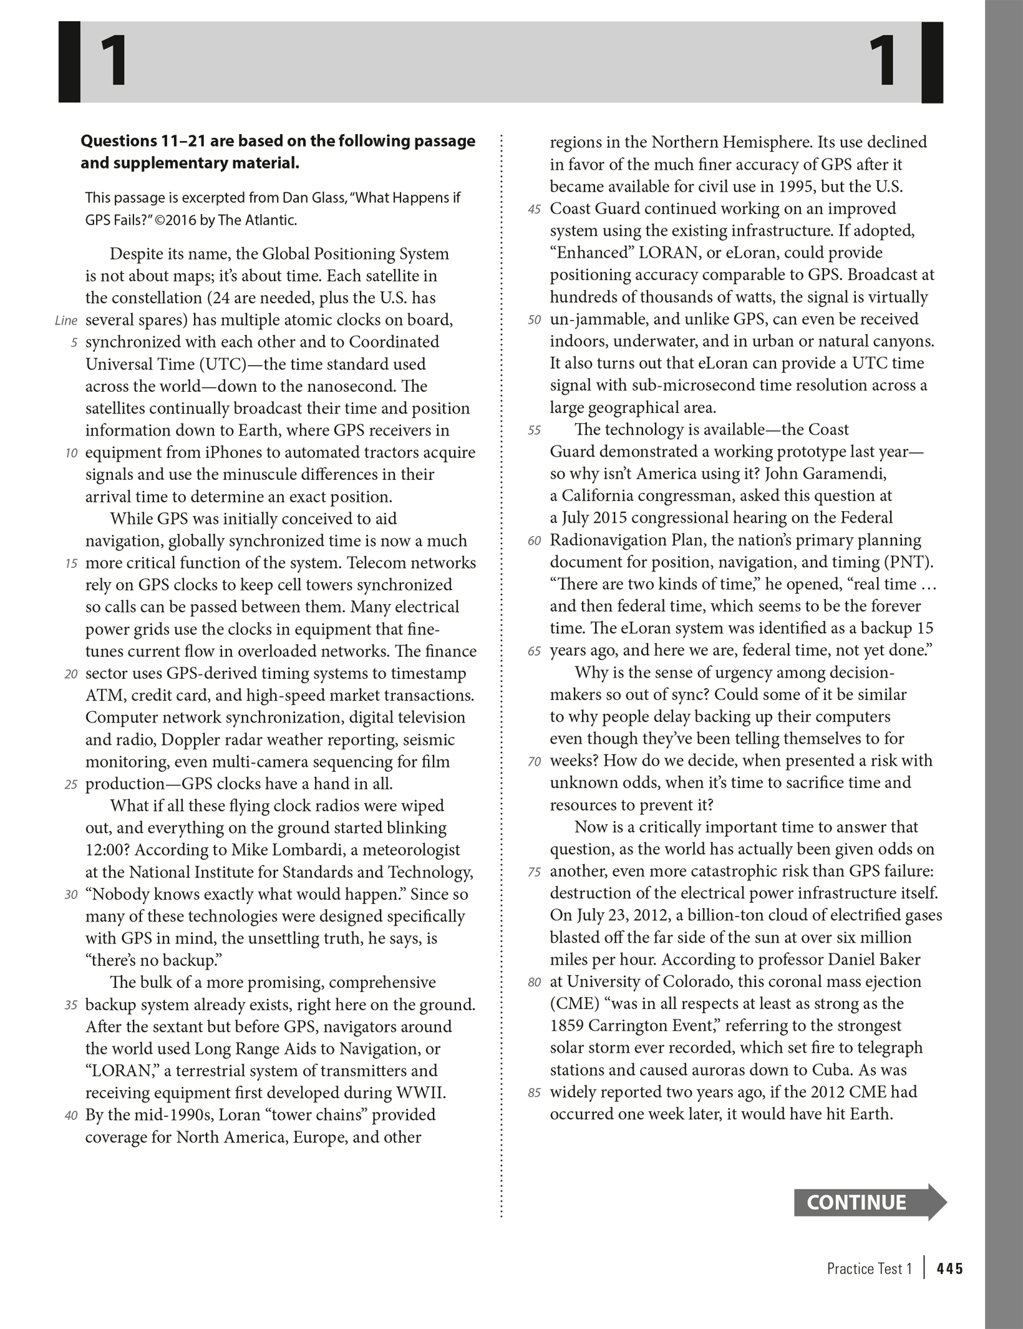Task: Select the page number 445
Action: click(x=949, y=1268)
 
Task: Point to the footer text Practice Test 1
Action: click(x=869, y=1268)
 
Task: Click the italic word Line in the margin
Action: click(x=66, y=321)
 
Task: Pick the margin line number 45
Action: click(x=534, y=209)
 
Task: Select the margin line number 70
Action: click(x=534, y=761)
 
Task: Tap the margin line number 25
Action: click(x=70, y=784)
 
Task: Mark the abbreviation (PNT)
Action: click(x=908, y=562)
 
